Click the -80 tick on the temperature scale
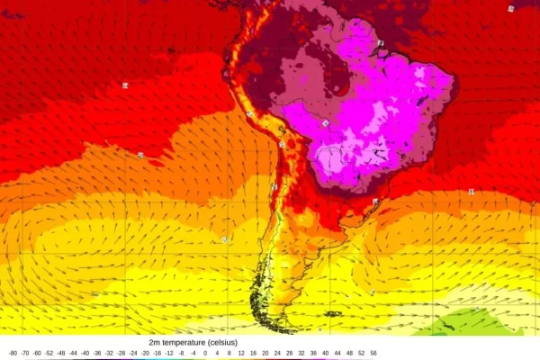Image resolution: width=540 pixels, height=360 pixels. (x=13, y=354)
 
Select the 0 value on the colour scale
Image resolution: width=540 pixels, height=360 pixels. (x=204, y=354)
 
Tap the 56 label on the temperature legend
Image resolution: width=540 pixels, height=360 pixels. (x=373, y=354)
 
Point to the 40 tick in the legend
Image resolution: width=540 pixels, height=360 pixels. (x=325, y=354)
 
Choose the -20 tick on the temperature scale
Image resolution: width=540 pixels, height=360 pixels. (x=144, y=354)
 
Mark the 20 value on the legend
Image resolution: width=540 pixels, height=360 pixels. (x=265, y=354)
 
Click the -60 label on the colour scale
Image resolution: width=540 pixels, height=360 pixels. (x=37, y=354)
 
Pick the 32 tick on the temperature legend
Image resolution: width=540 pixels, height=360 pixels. (x=301, y=354)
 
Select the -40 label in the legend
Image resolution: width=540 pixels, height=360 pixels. (x=85, y=354)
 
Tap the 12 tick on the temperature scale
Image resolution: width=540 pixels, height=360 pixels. (x=240, y=354)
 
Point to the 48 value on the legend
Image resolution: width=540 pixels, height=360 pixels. (x=349, y=354)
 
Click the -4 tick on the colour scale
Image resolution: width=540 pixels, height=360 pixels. (x=192, y=354)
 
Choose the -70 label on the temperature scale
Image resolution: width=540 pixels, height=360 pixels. (x=24, y=354)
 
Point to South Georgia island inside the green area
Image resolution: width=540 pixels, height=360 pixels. (x=478, y=310)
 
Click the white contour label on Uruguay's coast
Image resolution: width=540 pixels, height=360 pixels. (x=374, y=202)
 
